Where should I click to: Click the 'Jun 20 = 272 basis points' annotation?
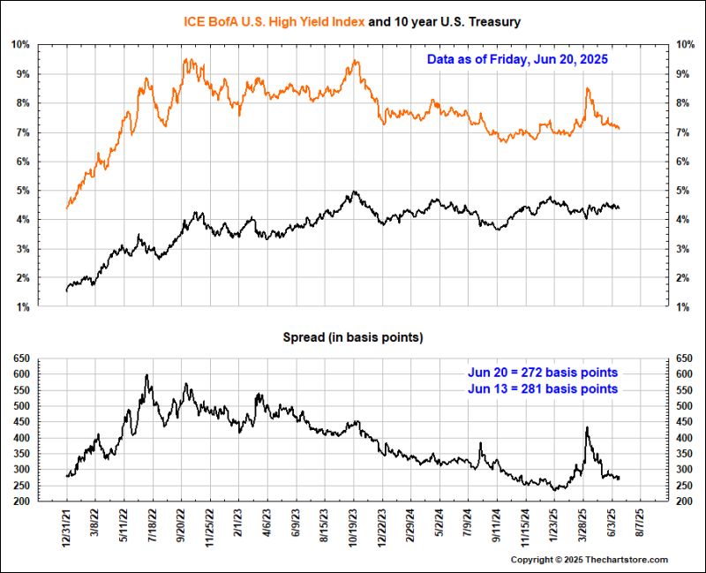[543, 372]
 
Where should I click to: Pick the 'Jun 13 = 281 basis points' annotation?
[543, 388]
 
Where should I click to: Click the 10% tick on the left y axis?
[20, 44]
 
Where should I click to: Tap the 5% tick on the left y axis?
[22, 190]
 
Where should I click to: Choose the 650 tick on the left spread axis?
[20, 358]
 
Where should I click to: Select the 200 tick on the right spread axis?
[683, 501]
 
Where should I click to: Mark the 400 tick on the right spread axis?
[683, 438]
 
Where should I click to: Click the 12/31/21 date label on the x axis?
[67, 530]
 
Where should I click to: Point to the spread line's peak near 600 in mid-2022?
[146, 375]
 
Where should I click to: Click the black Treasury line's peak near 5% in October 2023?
[354, 191]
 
